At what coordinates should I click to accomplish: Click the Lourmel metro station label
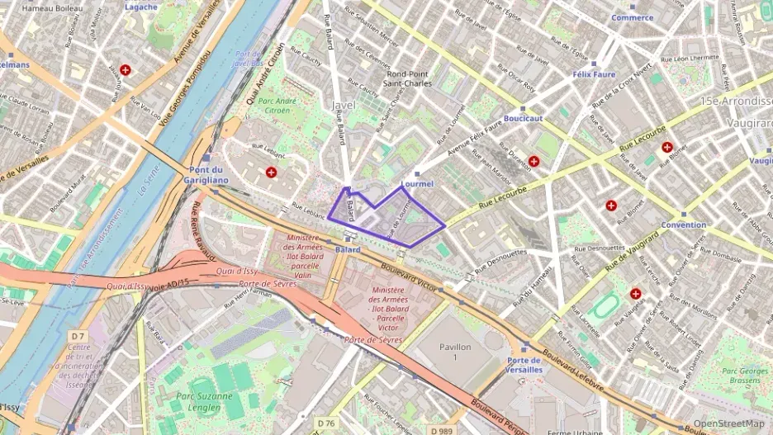417,183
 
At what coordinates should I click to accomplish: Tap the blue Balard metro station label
348,248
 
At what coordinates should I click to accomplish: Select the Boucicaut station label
523,118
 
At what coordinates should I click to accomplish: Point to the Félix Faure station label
593,74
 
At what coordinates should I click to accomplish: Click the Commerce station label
632,17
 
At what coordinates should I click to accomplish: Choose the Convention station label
683,225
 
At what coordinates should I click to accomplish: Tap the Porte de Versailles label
524,365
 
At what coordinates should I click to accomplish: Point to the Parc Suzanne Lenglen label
197,401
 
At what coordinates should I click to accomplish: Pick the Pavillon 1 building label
454,352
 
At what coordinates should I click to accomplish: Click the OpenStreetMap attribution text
728,423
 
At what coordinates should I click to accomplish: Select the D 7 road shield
78,336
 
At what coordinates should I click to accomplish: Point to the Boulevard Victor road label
414,277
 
